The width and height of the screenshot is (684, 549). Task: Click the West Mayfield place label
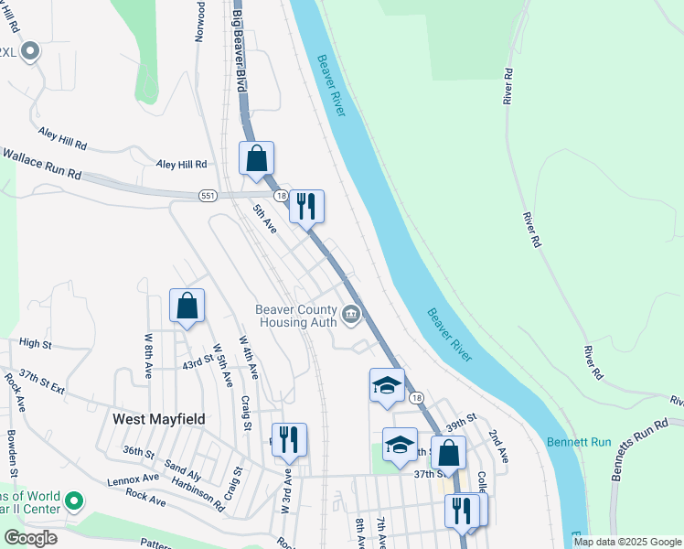pyautogui.click(x=158, y=418)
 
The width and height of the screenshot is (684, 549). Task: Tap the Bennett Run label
pyautogui.click(x=578, y=442)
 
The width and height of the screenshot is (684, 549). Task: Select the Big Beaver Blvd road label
pyautogui.click(x=240, y=46)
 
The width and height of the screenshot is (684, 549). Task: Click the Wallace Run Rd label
pyautogui.click(x=40, y=165)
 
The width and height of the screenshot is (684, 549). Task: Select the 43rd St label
pyautogui.click(x=198, y=363)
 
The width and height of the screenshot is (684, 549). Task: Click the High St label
pyautogui.click(x=35, y=343)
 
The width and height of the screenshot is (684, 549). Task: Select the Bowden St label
pyautogui.click(x=13, y=453)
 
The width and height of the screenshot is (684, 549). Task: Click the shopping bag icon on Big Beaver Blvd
pyautogui.click(x=257, y=158)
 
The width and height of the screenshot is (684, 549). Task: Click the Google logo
pyautogui.click(x=30, y=538)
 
